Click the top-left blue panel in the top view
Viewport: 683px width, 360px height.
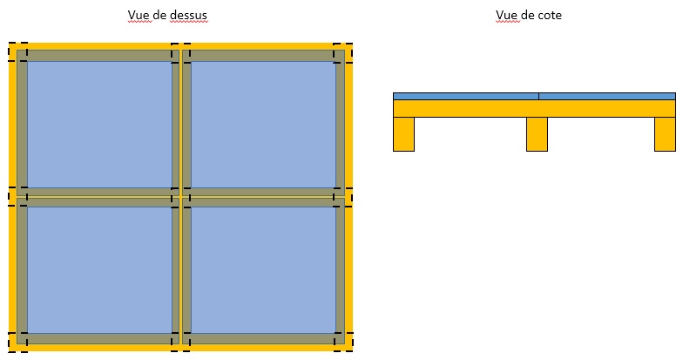[x=99, y=124]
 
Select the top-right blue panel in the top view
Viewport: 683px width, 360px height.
[x=262, y=124]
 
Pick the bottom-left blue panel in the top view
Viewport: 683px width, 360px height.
[x=99, y=269]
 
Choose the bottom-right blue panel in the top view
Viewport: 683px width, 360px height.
[x=262, y=269]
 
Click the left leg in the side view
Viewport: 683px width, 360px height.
[x=403, y=134]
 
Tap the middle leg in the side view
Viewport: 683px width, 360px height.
[x=537, y=134]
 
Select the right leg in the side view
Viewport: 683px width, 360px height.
[x=665, y=134]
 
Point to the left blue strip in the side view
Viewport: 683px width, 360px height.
[x=465, y=96]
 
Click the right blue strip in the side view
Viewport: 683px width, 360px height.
[x=607, y=96]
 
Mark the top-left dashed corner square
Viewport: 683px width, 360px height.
[x=17, y=51]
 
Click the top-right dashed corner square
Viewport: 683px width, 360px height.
[x=343, y=51]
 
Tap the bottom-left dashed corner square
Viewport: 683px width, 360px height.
[x=17, y=342]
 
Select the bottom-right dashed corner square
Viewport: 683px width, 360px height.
[x=343, y=342]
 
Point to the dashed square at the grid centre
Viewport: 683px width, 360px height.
[x=180, y=196]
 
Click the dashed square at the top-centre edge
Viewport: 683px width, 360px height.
[x=180, y=51]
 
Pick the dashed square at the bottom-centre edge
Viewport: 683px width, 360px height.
[x=180, y=342]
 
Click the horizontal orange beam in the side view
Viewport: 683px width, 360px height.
[x=534, y=109]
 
